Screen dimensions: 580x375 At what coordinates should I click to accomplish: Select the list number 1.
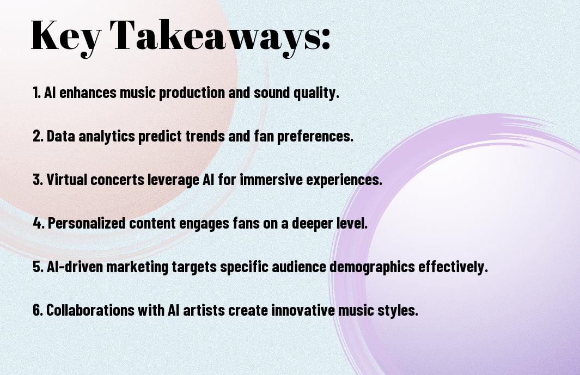click(x=36, y=93)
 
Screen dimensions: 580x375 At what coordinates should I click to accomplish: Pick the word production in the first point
click(x=192, y=93)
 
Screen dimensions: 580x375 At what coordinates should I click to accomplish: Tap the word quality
click(x=316, y=93)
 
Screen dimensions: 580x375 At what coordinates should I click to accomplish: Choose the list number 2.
click(x=38, y=136)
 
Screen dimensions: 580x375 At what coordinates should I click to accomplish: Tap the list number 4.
click(x=39, y=223)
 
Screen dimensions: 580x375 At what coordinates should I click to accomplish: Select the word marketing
click(x=137, y=267)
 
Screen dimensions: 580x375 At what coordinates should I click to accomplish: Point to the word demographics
click(x=372, y=267)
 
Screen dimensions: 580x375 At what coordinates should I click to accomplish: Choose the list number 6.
click(x=38, y=310)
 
